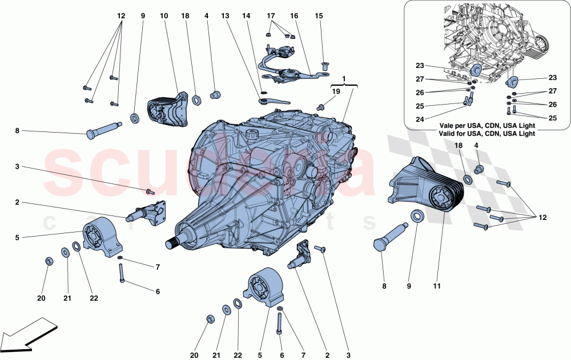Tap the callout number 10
(x=163, y=17)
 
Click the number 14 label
(x=246, y=17)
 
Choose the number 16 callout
(x=294, y=17)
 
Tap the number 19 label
(x=336, y=91)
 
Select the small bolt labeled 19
(x=321, y=106)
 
